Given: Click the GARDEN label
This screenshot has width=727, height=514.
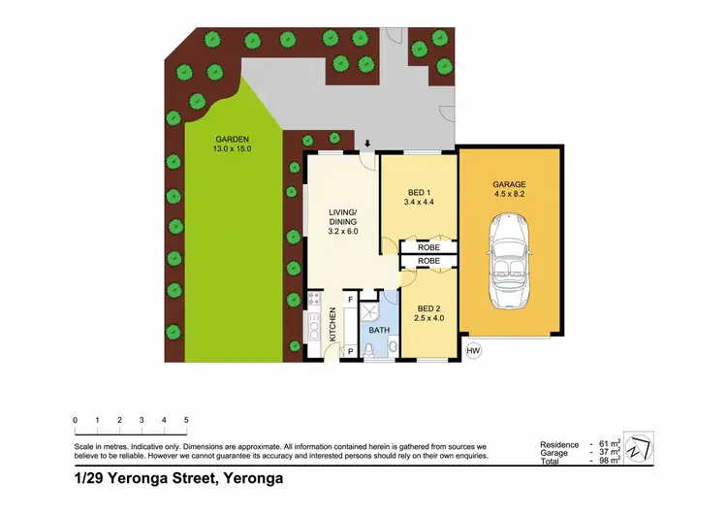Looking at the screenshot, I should (x=232, y=143).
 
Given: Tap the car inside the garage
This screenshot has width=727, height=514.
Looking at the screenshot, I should (x=509, y=257).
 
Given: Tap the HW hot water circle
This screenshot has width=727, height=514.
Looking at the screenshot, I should (x=473, y=350).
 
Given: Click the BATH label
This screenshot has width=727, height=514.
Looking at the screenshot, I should (x=378, y=331).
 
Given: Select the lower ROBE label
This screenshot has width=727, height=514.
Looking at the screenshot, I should (x=427, y=262).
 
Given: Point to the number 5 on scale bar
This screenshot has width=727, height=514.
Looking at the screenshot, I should (x=186, y=420).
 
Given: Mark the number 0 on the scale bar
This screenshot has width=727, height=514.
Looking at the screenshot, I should (x=75, y=420).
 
